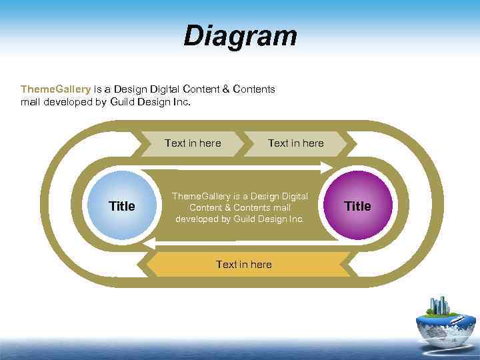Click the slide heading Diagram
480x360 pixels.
pos(240,36)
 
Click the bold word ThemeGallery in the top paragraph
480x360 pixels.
pos(55,89)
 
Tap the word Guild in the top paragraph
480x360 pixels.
pos(123,103)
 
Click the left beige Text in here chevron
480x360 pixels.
pos(193,143)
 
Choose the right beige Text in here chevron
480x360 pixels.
pos(295,143)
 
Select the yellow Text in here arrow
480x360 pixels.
pos(244,265)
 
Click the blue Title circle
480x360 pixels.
pos(121,206)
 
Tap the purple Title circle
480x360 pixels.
pos(358,206)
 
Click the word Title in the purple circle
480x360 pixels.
pos(358,206)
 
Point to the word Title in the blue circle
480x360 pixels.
pos(121,206)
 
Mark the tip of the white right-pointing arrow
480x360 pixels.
pos(331,167)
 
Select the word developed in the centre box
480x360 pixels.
pos(198,219)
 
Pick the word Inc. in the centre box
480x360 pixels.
pos(295,219)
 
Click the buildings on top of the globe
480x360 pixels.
pos(440,306)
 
